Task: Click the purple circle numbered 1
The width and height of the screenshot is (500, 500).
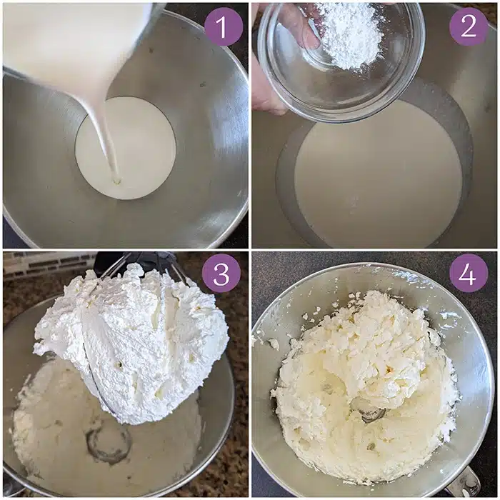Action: pos(224,27)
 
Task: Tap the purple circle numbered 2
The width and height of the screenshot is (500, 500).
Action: pos(469,27)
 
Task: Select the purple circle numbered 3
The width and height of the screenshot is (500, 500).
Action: pos(221,274)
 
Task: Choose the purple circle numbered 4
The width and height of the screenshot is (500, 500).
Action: pos(469,274)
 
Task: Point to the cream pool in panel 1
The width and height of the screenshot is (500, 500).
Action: pos(126,149)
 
